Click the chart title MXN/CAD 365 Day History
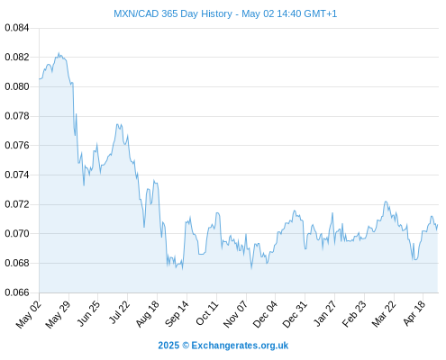(173, 13)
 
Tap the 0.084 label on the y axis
(17, 28)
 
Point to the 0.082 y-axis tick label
(17, 57)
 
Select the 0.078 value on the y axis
(17, 116)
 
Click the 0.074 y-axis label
(17, 175)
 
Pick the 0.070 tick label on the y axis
(17, 233)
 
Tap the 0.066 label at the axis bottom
(17, 292)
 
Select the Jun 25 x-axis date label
(88, 313)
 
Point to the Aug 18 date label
(147, 313)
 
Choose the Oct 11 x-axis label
(207, 313)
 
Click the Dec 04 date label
(265, 314)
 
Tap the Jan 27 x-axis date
(324, 313)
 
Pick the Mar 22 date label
(384, 314)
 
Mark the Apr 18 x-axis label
(414, 313)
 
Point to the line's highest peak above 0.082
(59, 53)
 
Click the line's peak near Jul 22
(117, 124)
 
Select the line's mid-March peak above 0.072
(386, 202)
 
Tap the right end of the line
(438, 224)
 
